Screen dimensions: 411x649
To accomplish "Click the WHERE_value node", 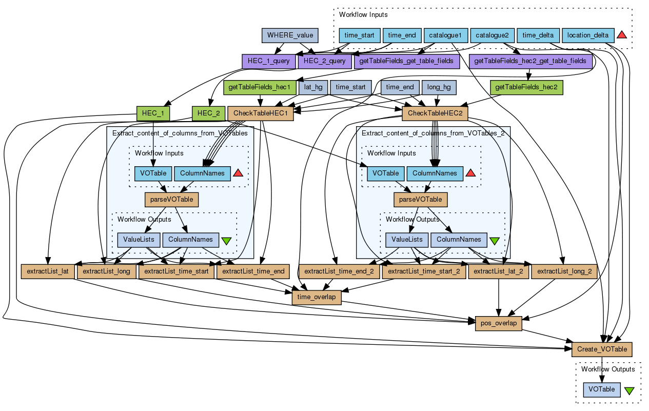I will point(290,35).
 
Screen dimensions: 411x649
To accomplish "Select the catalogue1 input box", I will point(446,35).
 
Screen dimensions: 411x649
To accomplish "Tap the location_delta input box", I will point(588,35).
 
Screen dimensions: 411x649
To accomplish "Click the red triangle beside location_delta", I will point(622,35).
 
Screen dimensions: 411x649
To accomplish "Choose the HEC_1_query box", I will point(268,61).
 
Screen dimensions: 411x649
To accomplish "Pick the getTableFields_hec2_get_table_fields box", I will point(530,61).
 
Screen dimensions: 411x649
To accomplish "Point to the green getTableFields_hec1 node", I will point(260,87).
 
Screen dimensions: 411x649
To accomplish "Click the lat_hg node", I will point(313,87).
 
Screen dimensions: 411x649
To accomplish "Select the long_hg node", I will point(439,87).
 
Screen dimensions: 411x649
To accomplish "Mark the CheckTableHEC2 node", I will point(435,113).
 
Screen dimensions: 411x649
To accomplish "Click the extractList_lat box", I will point(48,271).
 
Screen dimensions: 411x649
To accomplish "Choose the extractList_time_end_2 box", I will point(339,271).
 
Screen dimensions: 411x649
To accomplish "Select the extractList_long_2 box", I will point(564,271).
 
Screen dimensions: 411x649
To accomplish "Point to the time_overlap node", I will point(317,297).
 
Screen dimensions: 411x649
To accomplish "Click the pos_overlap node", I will point(499,323).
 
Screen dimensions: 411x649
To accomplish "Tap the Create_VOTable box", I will point(602,349).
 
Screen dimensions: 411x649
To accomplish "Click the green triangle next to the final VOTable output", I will point(630,390).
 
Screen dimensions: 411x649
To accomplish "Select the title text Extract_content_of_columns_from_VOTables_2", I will point(433,133).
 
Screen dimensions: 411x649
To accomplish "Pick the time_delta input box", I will point(538,35).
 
